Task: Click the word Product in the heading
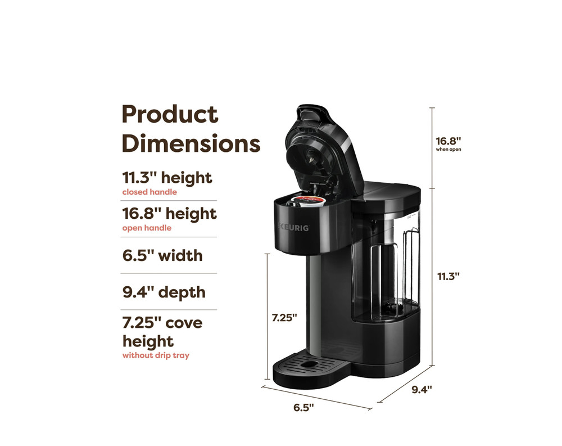[x=170, y=115]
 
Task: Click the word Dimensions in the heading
[x=191, y=143]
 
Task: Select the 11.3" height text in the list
[x=167, y=178]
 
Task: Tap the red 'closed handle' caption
[x=149, y=192]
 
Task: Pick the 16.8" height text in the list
[x=169, y=214]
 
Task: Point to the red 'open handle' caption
[x=147, y=228]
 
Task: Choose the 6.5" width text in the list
[x=162, y=256]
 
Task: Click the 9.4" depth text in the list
[x=164, y=292]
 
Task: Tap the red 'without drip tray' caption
[x=156, y=355]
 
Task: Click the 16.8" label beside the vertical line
[x=448, y=141]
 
